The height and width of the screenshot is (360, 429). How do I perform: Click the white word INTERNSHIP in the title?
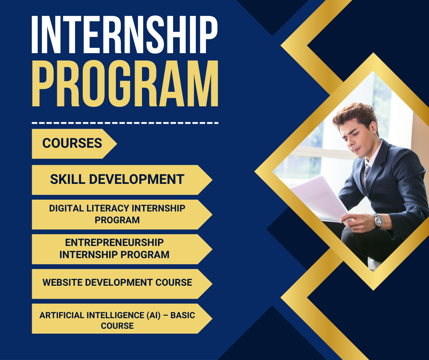click(125, 34)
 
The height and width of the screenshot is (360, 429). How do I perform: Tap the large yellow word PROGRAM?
click(125, 84)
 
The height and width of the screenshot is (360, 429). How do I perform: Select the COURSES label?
click(72, 143)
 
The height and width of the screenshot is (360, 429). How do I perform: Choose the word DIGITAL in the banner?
click(66, 208)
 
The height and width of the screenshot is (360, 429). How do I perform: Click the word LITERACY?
click(108, 208)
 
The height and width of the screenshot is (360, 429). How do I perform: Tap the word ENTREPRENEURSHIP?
click(114, 243)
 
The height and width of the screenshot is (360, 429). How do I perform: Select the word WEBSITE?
click(62, 282)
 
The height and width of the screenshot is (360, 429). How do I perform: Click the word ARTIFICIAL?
click(62, 315)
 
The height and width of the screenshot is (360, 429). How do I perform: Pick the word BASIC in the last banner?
click(183, 315)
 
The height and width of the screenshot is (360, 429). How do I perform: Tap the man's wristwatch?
click(378, 221)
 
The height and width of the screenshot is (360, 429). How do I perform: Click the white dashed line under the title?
click(125, 123)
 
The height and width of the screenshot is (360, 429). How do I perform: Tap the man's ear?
click(373, 128)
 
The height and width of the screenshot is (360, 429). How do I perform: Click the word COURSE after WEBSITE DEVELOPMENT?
click(174, 282)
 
